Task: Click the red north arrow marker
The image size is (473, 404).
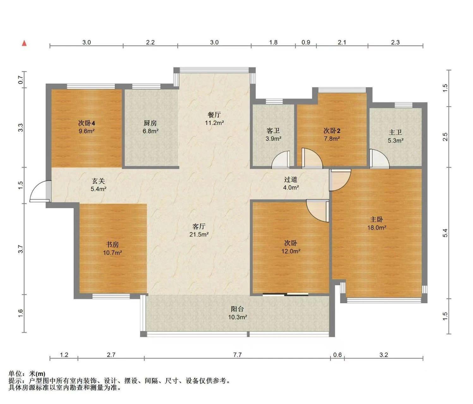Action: pos(24,43)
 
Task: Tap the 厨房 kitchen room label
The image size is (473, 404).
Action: pos(150,123)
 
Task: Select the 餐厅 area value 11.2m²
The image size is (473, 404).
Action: pos(214,123)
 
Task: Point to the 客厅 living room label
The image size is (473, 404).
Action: pos(199,226)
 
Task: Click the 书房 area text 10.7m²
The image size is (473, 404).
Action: pos(112,253)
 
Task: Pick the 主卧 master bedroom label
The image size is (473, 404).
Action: pos(376,220)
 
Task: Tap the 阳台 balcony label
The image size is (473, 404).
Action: pos(237,309)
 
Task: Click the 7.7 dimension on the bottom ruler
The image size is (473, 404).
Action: pos(237,355)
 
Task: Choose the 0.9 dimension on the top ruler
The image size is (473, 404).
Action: pos(306,42)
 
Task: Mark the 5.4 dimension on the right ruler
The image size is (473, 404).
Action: pos(445,233)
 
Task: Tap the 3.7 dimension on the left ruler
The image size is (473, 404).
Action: pos(21,249)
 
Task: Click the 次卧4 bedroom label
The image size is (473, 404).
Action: pos(87,123)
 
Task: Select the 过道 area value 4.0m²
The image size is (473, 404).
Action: pos(291,188)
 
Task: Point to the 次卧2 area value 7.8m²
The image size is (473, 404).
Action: pos(331,138)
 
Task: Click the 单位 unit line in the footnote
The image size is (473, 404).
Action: pos(27,374)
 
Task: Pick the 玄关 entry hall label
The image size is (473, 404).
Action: pos(98,181)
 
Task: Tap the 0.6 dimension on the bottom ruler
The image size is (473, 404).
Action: pos(337,355)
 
